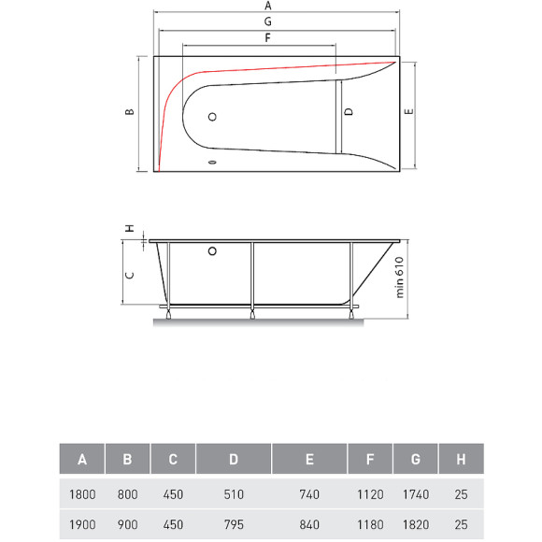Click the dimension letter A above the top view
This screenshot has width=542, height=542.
coord(268,6)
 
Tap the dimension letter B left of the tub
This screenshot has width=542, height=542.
coord(130,112)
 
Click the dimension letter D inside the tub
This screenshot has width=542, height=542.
coord(348,112)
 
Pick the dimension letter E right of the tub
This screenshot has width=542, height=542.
coord(407,112)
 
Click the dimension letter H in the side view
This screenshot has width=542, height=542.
coord(130,227)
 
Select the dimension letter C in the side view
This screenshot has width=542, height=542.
coord(130,274)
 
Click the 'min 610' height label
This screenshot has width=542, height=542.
coord(399,278)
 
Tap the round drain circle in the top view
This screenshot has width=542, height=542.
coord(212,117)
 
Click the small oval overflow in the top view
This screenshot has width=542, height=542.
coord(212,163)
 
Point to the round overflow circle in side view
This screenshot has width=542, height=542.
coord(212,250)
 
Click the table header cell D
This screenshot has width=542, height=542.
coord(234,460)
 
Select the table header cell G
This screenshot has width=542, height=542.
coord(415,460)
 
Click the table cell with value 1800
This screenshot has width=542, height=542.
coord(82,493)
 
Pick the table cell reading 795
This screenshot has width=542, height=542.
coord(234,524)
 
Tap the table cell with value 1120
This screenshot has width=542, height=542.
coord(370,493)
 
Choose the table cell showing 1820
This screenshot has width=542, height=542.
coord(415,524)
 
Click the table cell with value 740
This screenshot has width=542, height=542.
coord(309,493)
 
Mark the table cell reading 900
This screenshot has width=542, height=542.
coord(128,524)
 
